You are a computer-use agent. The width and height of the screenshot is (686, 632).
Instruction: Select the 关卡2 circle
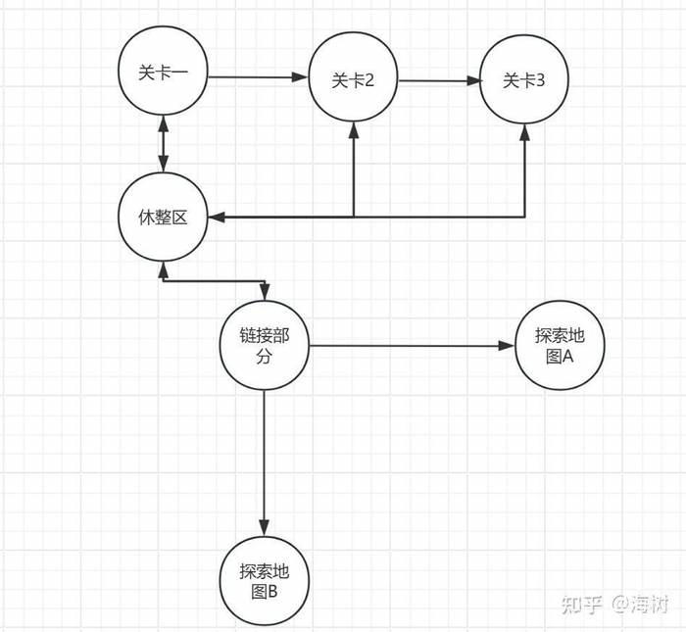click(353, 81)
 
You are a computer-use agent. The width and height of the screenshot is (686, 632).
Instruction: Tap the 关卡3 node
click(523, 81)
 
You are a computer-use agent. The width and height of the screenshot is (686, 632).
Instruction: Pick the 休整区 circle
click(163, 218)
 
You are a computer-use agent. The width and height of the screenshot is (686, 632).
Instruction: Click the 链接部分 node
click(264, 346)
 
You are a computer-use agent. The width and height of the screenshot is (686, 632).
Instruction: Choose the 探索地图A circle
click(560, 346)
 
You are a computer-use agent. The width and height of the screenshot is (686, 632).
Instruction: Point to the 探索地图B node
click(264, 580)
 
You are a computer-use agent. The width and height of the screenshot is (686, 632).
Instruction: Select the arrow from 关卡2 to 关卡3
click(438, 81)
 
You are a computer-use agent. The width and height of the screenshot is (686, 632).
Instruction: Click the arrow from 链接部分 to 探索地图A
click(412, 346)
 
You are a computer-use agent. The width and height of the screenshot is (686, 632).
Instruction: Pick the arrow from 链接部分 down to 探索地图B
click(264, 461)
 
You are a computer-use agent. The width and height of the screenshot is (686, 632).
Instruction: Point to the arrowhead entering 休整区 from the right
click(215, 216)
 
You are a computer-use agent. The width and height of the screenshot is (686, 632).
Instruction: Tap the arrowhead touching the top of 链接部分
click(264, 295)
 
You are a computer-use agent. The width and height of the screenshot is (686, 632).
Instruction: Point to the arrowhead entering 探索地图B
click(264, 527)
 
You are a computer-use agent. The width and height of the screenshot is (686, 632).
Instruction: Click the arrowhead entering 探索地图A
click(509, 346)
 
